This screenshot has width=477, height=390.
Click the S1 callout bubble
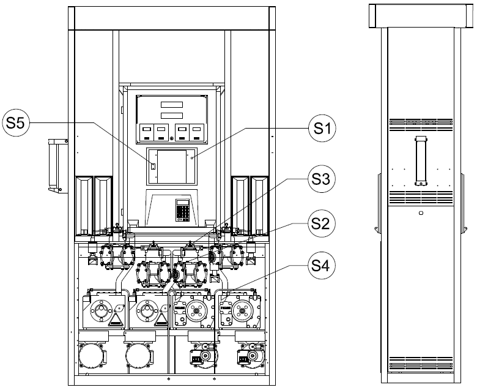[x=322, y=128]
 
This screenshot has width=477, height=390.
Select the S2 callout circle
[x=322, y=223]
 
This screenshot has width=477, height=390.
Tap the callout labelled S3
[x=321, y=179]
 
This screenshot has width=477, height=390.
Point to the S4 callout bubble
[x=322, y=266]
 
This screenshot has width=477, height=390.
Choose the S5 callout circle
[x=16, y=123]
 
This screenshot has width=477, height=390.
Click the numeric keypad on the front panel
[x=183, y=210]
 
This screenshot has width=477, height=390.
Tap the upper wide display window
[x=172, y=105]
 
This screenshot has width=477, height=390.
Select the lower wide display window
[x=172, y=115]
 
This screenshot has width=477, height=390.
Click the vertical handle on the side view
[x=421, y=161]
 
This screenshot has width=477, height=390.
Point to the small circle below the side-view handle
[x=421, y=213]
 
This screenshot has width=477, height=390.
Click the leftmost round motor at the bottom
[x=92, y=356]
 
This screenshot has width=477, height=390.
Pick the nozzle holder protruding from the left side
[x=58, y=165]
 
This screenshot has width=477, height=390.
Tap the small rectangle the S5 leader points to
[x=153, y=167]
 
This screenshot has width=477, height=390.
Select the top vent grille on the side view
[x=421, y=124]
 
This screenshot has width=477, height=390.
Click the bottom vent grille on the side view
[x=421, y=362]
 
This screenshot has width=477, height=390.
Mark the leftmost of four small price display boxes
[x=146, y=133]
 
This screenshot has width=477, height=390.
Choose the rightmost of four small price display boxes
[x=196, y=133]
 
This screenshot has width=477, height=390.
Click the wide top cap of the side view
[x=421, y=16]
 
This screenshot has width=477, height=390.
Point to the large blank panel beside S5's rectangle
[x=172, y=167]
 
